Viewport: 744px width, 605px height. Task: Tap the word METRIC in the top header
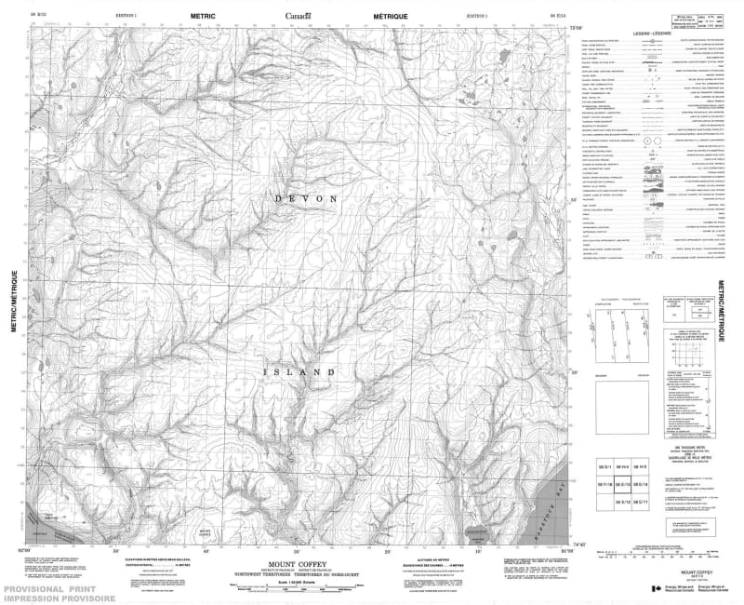pyautogui.click(x=203, y=16)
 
